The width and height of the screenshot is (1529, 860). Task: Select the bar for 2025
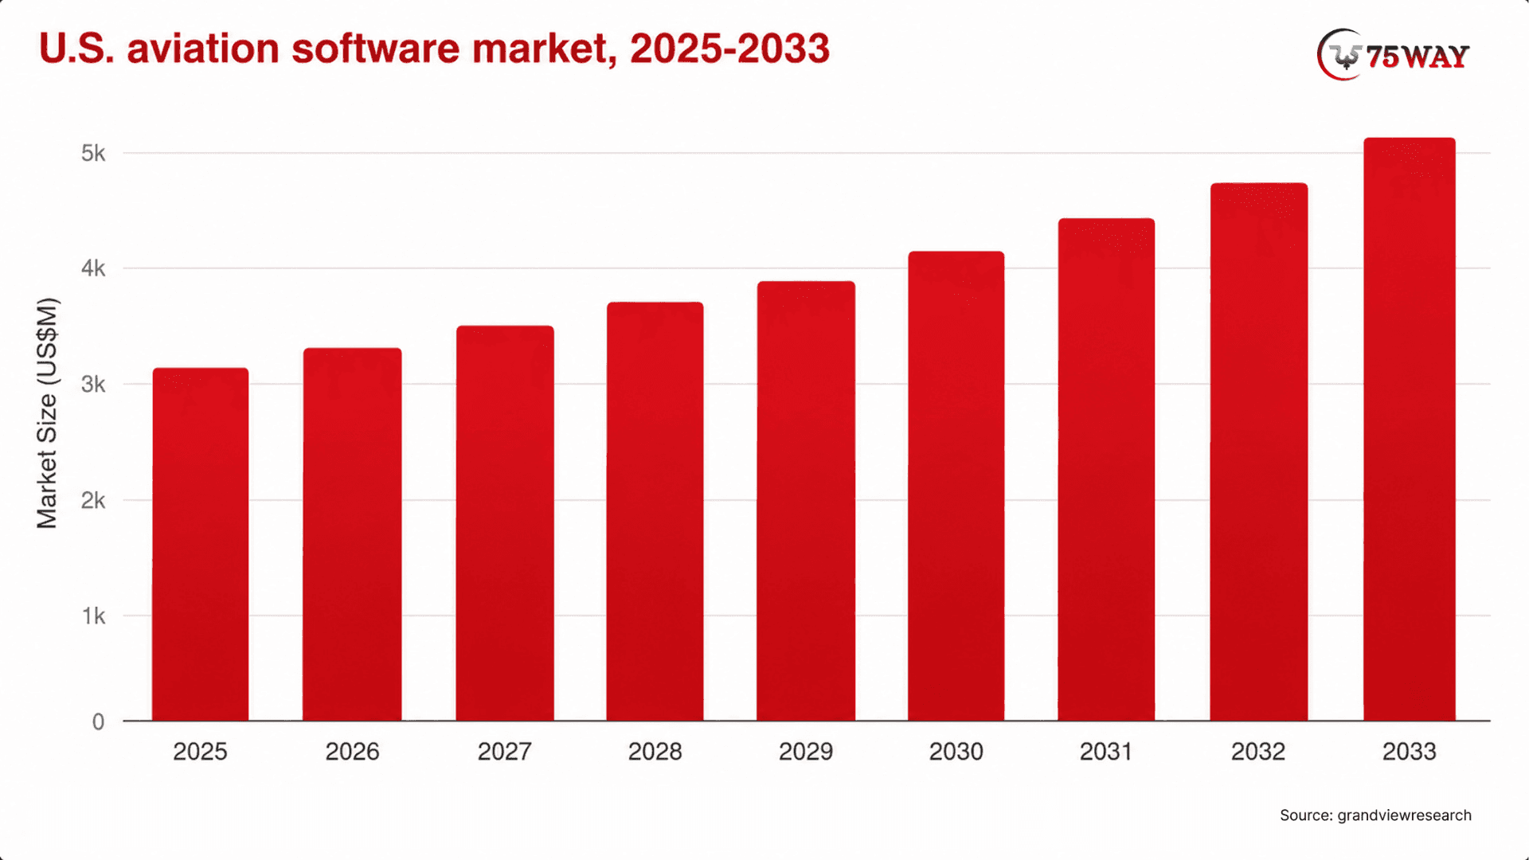pos(201,544)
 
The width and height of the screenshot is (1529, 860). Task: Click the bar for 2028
pos(655,511)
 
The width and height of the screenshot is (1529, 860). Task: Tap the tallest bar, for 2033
pos(1410,429)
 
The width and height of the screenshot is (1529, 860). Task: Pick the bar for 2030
pos(956,486)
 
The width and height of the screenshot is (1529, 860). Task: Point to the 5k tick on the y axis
pos(93,153)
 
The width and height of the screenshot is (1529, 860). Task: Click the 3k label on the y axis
pos(93,385)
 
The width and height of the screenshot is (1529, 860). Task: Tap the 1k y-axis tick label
pos(94,616)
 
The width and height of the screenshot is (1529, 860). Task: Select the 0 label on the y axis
pos(98,721)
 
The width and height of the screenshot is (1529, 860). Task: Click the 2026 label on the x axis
pos(352,752)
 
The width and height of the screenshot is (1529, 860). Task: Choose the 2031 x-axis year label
pos(1106,752)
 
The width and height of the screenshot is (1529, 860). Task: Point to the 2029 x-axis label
pos(806,752)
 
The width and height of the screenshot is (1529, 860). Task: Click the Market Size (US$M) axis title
pos(48,413)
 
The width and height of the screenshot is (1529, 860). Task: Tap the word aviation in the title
pos(203,49)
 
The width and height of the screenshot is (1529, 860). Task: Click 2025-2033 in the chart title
pos(729,49)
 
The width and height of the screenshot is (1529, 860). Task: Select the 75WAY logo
pos(1393,55)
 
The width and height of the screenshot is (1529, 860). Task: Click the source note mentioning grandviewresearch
pos(1375,815)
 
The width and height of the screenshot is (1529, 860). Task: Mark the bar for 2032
pos(1259,451)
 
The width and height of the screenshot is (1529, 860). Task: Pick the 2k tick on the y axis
pos(93,500)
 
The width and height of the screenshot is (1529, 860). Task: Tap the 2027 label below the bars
pos(504,752)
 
